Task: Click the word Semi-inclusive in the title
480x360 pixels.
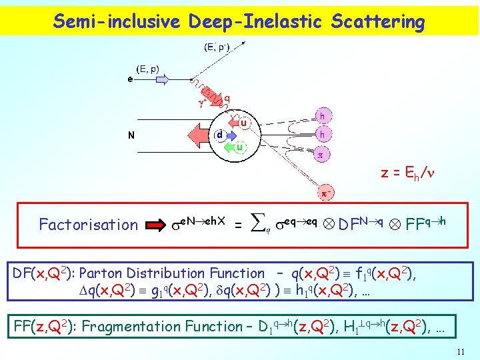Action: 117,22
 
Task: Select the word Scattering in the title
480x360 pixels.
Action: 377,22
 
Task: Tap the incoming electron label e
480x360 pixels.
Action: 130,78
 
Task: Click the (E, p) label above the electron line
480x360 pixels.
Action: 148,69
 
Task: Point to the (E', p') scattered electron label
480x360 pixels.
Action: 217,47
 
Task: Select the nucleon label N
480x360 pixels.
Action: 131,135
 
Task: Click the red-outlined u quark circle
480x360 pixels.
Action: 244,123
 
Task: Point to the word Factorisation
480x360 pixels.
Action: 88,225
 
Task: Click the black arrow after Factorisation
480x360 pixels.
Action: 155,225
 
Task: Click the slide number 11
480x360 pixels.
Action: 460,352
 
